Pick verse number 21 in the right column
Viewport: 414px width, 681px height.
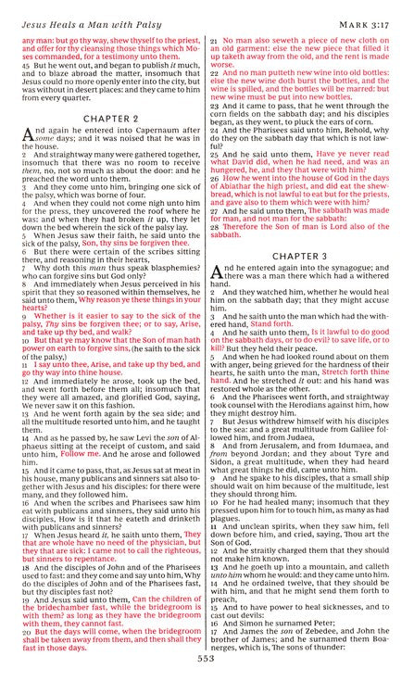[214, 43]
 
